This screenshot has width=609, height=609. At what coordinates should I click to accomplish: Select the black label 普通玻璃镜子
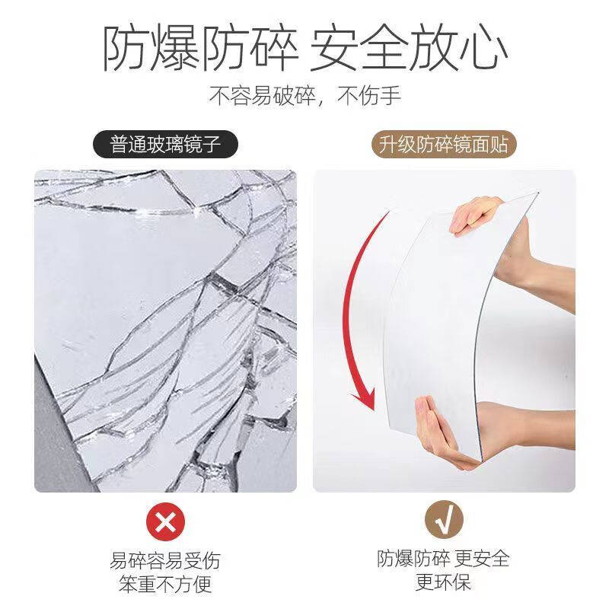pos(164,144)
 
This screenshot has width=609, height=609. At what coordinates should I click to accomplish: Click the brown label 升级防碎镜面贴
pos(444,144)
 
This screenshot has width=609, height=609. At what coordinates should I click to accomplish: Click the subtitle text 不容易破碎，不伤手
pos(305,96)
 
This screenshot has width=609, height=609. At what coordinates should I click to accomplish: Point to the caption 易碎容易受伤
pos(165,562)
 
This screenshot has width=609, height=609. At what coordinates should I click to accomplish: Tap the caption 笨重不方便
pos(165,585)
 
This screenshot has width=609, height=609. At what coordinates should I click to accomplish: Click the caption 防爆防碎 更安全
pos(444,559)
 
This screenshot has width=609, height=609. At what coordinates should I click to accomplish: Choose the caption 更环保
pos(444,583)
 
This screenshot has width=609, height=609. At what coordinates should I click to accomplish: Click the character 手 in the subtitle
pos(391,96)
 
